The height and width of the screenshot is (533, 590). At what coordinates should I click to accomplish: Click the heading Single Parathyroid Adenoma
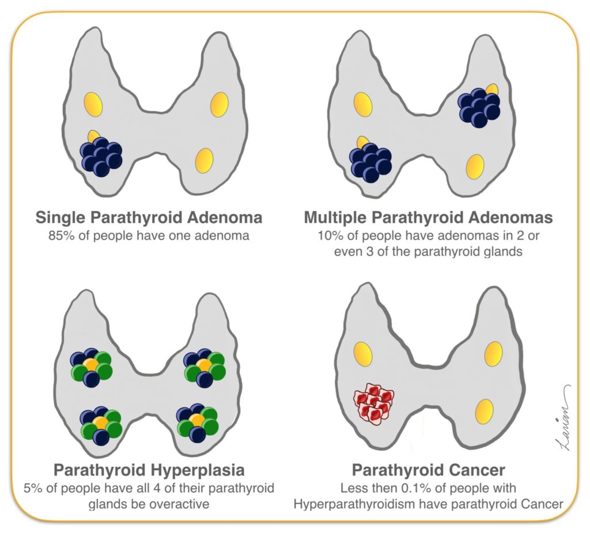(x=149, y=218)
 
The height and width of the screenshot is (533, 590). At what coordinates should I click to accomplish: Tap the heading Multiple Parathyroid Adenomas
(x=428, y=218)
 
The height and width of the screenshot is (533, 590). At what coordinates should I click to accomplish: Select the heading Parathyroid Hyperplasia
(x=149, y=470)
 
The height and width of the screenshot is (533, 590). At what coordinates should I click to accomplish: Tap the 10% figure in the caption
(x=328, y=235)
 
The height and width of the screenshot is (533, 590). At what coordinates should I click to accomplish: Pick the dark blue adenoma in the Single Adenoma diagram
(x=101, y=157)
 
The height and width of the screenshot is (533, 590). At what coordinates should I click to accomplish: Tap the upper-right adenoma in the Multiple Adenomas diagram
(x=479, y=107)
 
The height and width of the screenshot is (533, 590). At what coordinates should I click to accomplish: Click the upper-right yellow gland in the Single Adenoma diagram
(x=220, y=104)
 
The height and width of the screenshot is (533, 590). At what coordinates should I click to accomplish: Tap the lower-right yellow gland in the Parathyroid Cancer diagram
(x=484, y=412)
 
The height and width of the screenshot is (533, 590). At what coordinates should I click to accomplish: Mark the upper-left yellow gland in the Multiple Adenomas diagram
(x=363, y=104)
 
